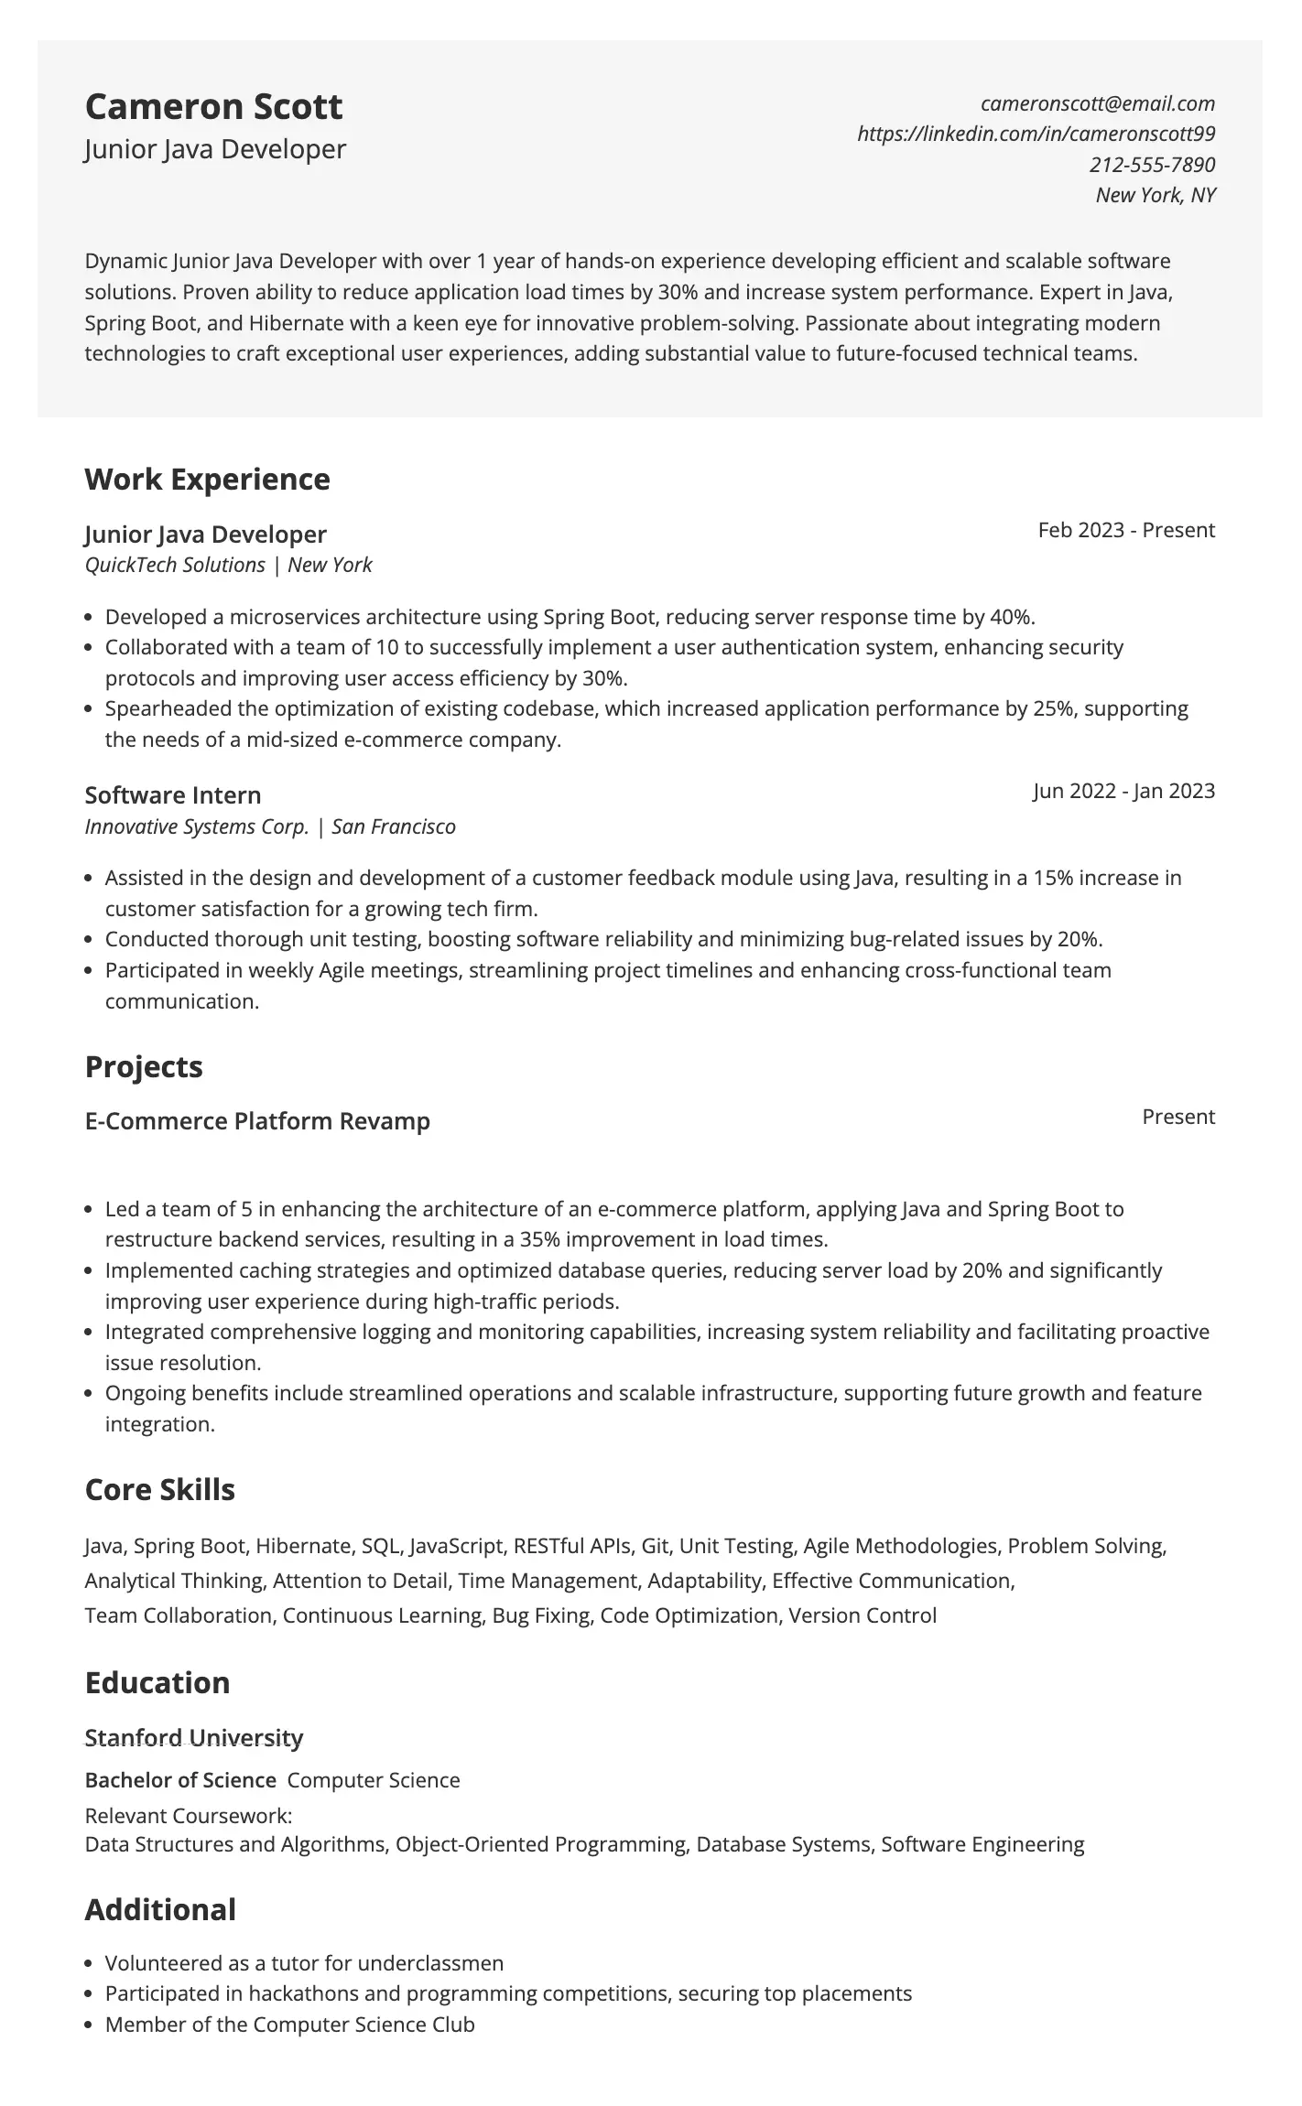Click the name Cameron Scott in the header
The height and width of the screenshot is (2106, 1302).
(x=213, y=107)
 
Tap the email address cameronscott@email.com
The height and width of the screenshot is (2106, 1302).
(x=1097, y=103)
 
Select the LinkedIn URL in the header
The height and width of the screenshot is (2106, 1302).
(x=1036, y=134)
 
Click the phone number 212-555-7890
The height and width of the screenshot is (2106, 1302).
(x=1152, y=165)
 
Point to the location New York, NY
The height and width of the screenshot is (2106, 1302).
(x=1155, y=195)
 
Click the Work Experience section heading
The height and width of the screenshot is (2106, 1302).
(x=207, y=479)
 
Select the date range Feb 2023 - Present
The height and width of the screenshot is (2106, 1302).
(x=1125, y=530)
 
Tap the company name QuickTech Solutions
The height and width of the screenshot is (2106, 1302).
(x=175, y=565)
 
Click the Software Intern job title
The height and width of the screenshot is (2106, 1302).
(x=173, y=794)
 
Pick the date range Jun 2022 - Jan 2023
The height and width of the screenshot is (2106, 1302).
(x=1123, y=791)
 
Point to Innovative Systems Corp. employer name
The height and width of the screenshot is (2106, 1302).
(x=197, y=826)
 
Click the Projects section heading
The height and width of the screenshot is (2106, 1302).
(x=144, y=1066)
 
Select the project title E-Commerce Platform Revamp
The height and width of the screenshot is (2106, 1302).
(x=257, y=1121)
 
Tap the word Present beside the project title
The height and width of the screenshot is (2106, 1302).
(x=1177, y=1117)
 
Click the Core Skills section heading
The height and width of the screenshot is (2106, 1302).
(x=159, y=1489)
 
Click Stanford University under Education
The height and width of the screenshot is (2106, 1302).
(x=193, y=1737)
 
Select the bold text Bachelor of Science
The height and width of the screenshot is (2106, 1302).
(x=180, y=1780)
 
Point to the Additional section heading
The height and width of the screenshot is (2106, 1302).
(x=160, y=1909)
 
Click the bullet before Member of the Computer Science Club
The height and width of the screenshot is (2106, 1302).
(x=89, y=2025)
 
